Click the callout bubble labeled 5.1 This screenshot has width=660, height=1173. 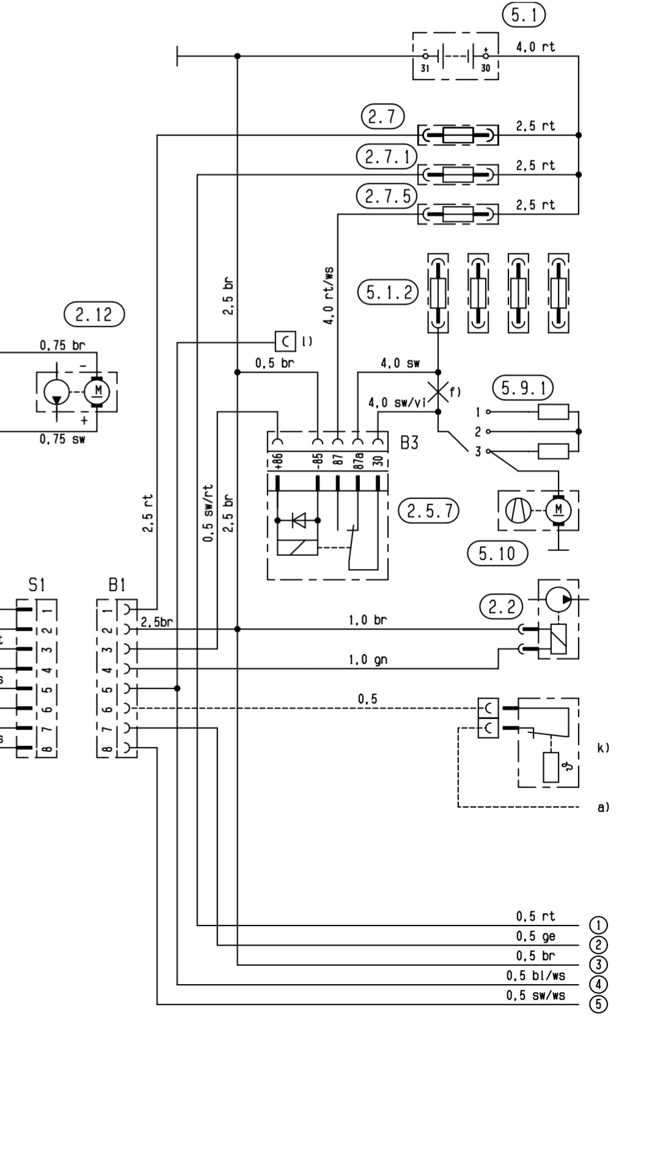[524, 15]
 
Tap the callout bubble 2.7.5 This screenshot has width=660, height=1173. [387, 197]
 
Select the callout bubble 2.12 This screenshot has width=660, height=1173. [94, 315]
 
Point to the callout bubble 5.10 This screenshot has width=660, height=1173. [497, 554]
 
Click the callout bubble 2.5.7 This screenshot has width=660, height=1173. [429, 510]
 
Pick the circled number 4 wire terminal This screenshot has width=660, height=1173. [598, 984]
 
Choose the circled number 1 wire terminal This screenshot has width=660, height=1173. [598, 925]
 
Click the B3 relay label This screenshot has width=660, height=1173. [409, 443]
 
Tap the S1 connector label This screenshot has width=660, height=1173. [37, 585]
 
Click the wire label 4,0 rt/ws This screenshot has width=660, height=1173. [329, 296]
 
